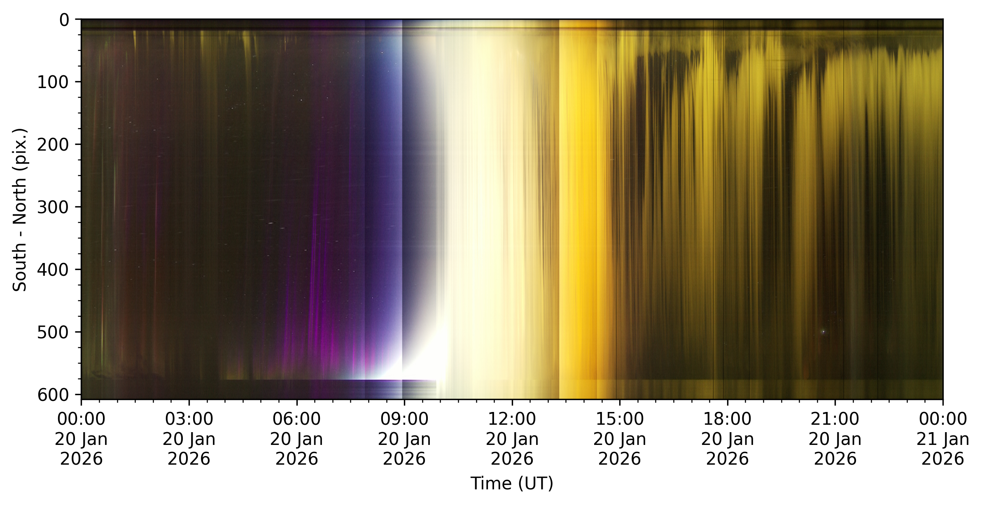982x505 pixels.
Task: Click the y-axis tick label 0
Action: coord(65,20)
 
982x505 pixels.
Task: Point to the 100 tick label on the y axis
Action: coord(53,82)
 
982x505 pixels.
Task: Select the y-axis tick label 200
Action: coord(53,145)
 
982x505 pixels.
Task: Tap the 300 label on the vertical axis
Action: coord(53,207)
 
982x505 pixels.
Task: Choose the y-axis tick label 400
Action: coord(53,270)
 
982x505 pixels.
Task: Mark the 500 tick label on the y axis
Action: coord(53,332)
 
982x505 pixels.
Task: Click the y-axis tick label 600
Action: coord(53,395)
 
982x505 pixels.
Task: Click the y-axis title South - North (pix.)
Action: coord(20,210)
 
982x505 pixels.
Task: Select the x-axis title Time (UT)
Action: coord(512,483)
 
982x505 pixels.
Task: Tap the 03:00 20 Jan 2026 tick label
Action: coord(189,439)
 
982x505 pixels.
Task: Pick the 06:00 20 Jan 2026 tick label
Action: coord(296,439)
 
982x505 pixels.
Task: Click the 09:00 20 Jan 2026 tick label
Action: coord(404,439)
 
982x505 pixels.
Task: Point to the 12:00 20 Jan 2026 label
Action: coord(512,439)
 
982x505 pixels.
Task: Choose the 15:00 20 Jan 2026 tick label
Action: coord(620,439)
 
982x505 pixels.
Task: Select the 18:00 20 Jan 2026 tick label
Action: coord(728,439)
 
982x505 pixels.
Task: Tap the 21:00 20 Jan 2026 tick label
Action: coord(835,439)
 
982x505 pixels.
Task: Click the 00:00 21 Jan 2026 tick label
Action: coord(943,439)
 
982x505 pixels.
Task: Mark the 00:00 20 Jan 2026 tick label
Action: coord(81,439)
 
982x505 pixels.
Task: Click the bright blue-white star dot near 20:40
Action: coord(823,331)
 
